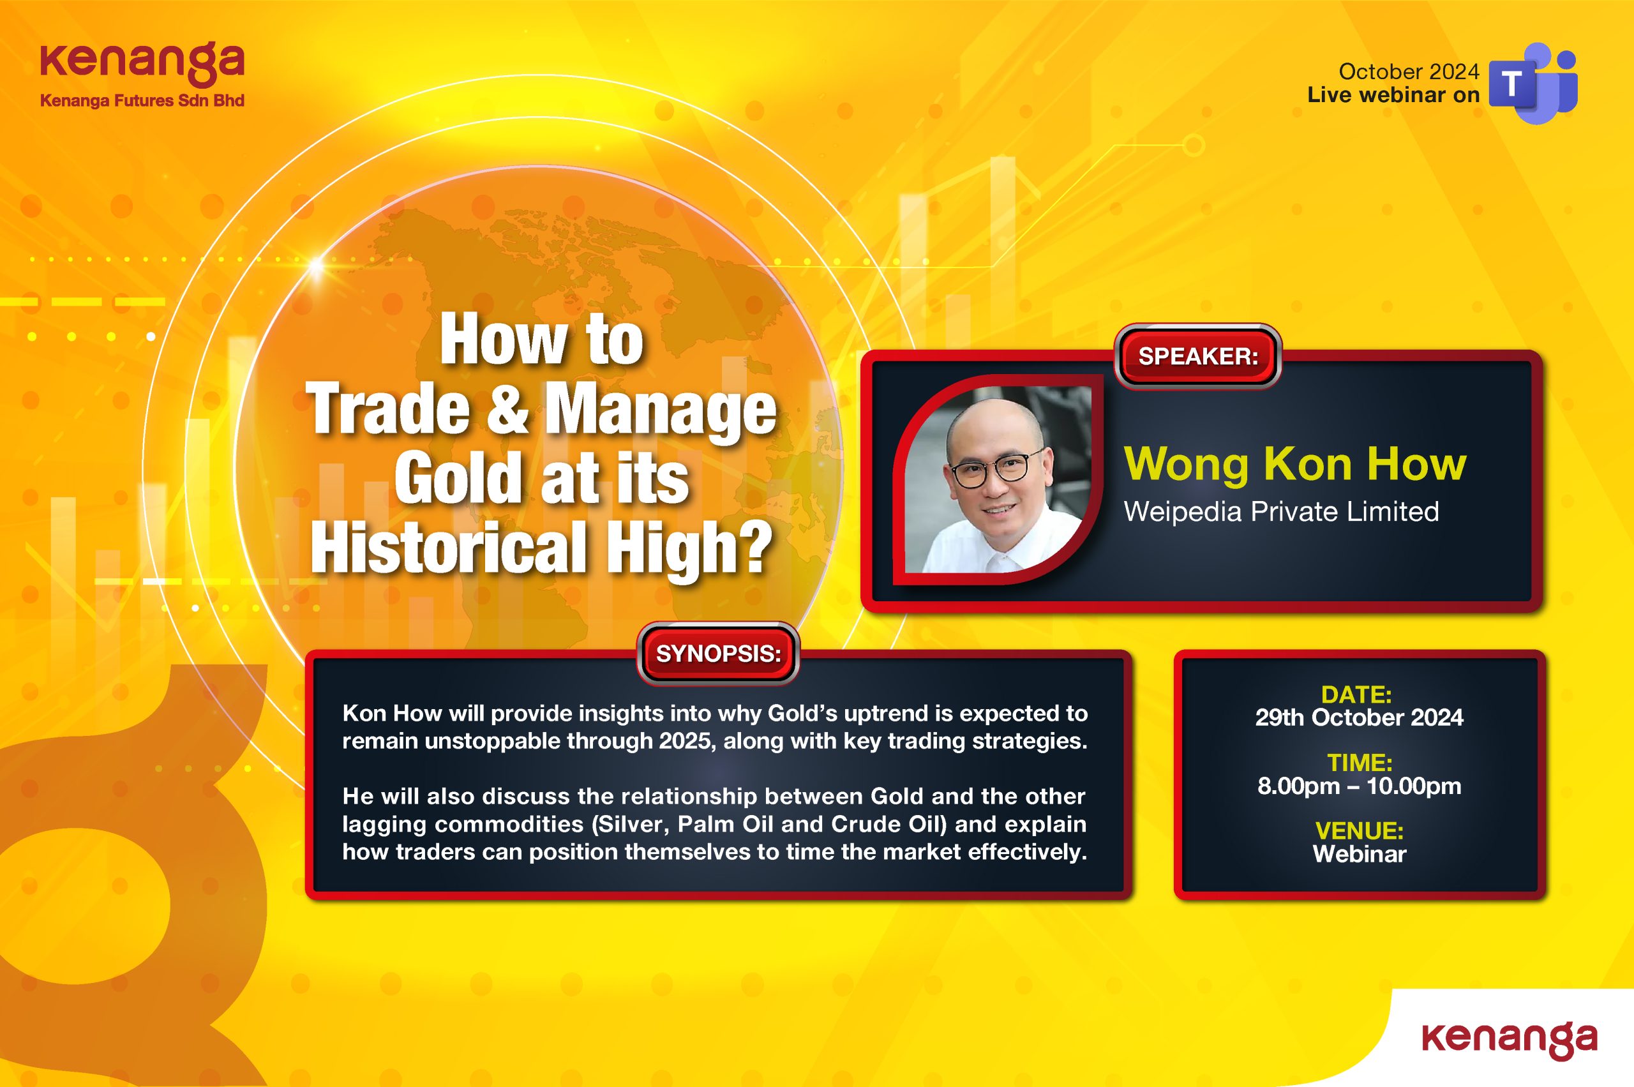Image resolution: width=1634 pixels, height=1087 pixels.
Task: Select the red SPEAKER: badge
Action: [1197, 356]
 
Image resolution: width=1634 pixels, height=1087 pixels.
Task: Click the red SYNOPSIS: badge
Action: [717, 654]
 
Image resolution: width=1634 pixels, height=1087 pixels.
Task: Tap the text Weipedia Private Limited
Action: [1281, 512]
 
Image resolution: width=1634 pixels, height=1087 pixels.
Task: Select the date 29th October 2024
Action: [1359, 717]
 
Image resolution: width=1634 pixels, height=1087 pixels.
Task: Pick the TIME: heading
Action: [1360, 763]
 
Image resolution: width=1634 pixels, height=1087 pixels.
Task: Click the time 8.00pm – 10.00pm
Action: [1359, 786]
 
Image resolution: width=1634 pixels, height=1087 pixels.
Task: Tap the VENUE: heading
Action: [1360, 830]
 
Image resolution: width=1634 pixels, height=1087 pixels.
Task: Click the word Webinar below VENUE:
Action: [1360, 854]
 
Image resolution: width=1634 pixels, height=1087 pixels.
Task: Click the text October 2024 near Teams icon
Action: [1409, 71]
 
